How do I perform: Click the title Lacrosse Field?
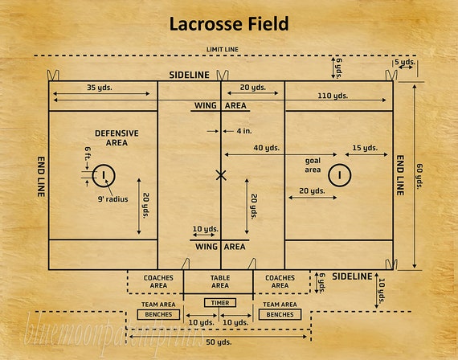tap(229, 24)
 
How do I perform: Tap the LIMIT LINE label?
tap(223, 49)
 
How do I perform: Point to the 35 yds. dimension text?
tap(100, 88)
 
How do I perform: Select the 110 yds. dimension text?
tap(333, 96)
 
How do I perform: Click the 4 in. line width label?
tap(244, 131)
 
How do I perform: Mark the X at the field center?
tap(221, 175)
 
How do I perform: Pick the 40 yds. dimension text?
tap(267, 148)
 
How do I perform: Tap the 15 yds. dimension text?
tap(365, 148)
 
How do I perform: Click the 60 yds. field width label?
tap(419, 176)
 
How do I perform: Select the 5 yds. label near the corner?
tap(405, 62)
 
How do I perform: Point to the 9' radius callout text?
tap(112, 199)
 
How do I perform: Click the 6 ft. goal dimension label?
tap(88, 153)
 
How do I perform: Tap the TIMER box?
tap(220, 303)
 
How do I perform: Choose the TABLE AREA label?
tap(220, 282)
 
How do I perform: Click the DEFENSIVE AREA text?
tap(117, 138)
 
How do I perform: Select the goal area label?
tap(313, 165)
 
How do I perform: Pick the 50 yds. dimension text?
tap(219, 342)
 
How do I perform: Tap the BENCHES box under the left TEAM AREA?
tap(158, 315)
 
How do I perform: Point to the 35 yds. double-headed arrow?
tap(101, 94)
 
